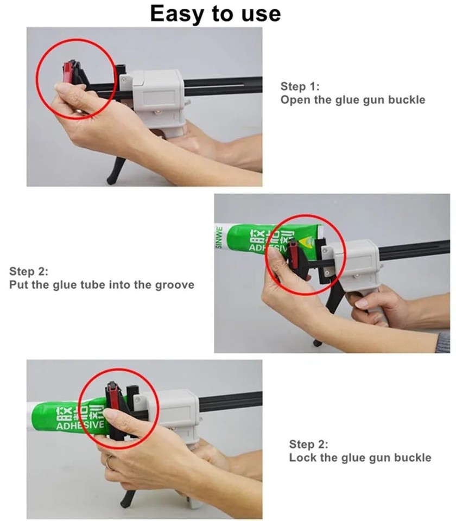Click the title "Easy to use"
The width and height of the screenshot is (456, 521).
[x=216, y=12]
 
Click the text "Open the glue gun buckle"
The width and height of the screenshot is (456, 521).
[x=353, y=100]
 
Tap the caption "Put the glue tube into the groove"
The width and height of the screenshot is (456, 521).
[x=102, y=284]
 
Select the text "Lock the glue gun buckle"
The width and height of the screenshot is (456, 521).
[x=360, y=458]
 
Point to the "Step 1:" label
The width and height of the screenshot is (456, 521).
[x=300, y=86]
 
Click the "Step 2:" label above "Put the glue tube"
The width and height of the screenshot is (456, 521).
[x=29, y=271]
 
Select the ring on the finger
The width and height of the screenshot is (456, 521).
[x=110, y=462]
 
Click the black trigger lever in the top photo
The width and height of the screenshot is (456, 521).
[x=118, y=169]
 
